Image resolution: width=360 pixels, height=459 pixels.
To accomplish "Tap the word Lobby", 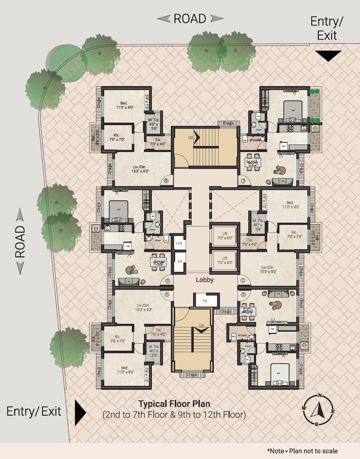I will pos(205,280).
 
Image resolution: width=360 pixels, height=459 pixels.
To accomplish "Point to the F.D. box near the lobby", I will pos(205,301).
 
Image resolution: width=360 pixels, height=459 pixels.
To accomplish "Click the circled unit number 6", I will pos(166,181).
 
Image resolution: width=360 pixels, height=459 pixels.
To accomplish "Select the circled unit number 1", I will pos(243,181).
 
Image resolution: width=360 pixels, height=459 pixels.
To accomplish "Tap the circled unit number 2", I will pos(243,280).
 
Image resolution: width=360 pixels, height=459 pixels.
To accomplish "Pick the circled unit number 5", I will pos(167,281).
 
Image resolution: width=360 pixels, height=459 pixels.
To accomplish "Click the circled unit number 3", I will pos(243,295).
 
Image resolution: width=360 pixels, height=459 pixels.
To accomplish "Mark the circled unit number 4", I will pos(167,295).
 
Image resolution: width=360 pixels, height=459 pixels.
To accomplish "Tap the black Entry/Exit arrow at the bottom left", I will pos(80,412).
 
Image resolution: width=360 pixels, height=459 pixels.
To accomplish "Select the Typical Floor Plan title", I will pos(174,404).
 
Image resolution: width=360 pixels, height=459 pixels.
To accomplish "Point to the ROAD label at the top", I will pos(190,19).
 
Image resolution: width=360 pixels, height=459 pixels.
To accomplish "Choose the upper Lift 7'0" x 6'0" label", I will pos(225,236).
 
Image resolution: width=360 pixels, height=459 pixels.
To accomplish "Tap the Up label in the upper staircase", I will pos(191,137).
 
